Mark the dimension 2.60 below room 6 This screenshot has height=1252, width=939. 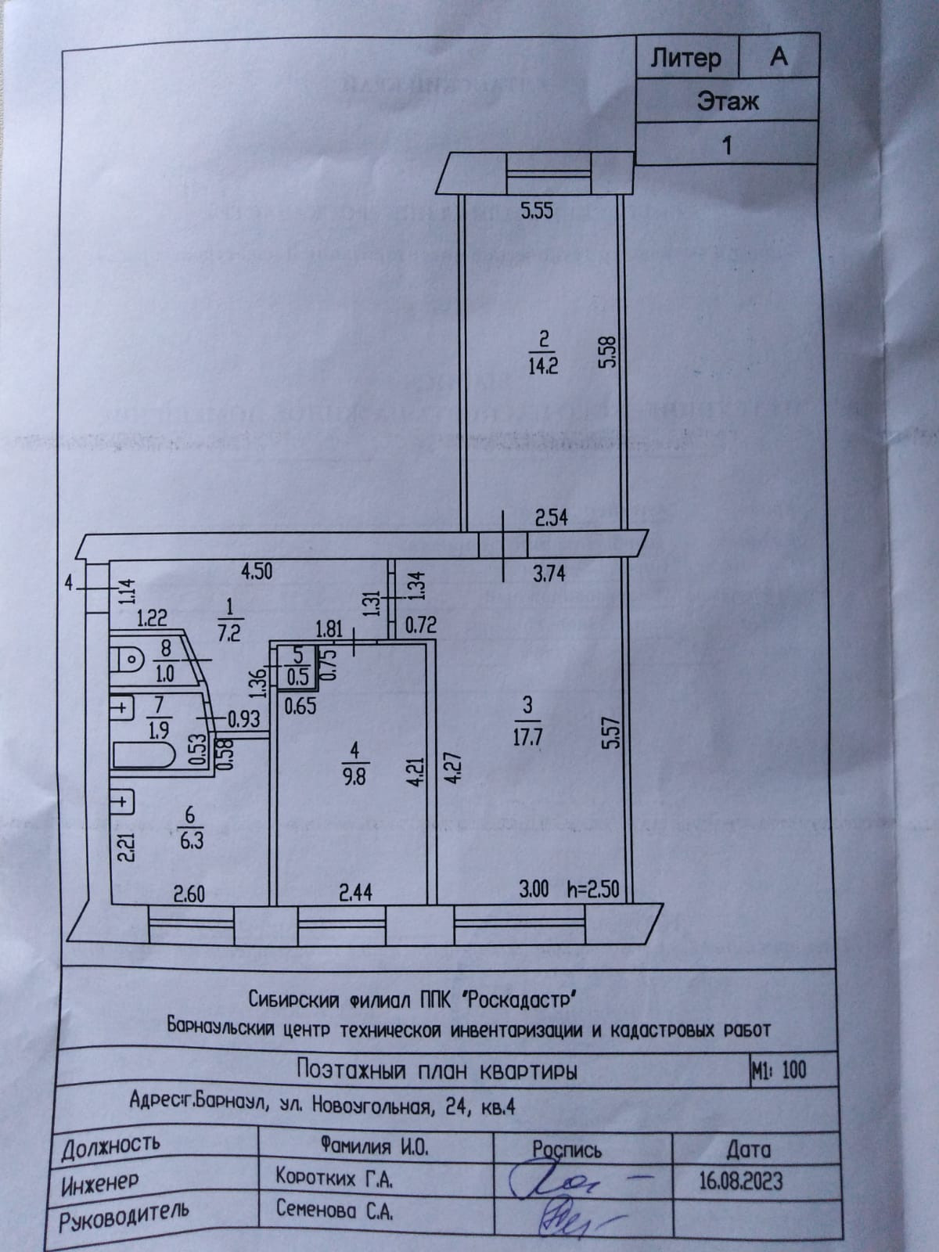189,892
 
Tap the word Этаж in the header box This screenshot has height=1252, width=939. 728,101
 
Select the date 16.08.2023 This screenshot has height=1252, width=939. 739,1179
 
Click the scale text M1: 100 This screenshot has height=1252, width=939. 778,1070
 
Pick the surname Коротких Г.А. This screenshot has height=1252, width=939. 333,1177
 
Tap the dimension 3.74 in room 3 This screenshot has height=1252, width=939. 549,574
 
